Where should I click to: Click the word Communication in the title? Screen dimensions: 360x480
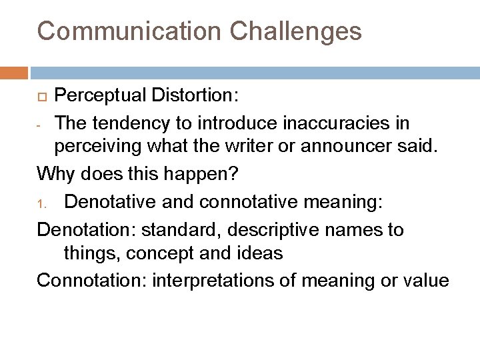point(126,31)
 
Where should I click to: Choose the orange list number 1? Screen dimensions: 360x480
point(41,201)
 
